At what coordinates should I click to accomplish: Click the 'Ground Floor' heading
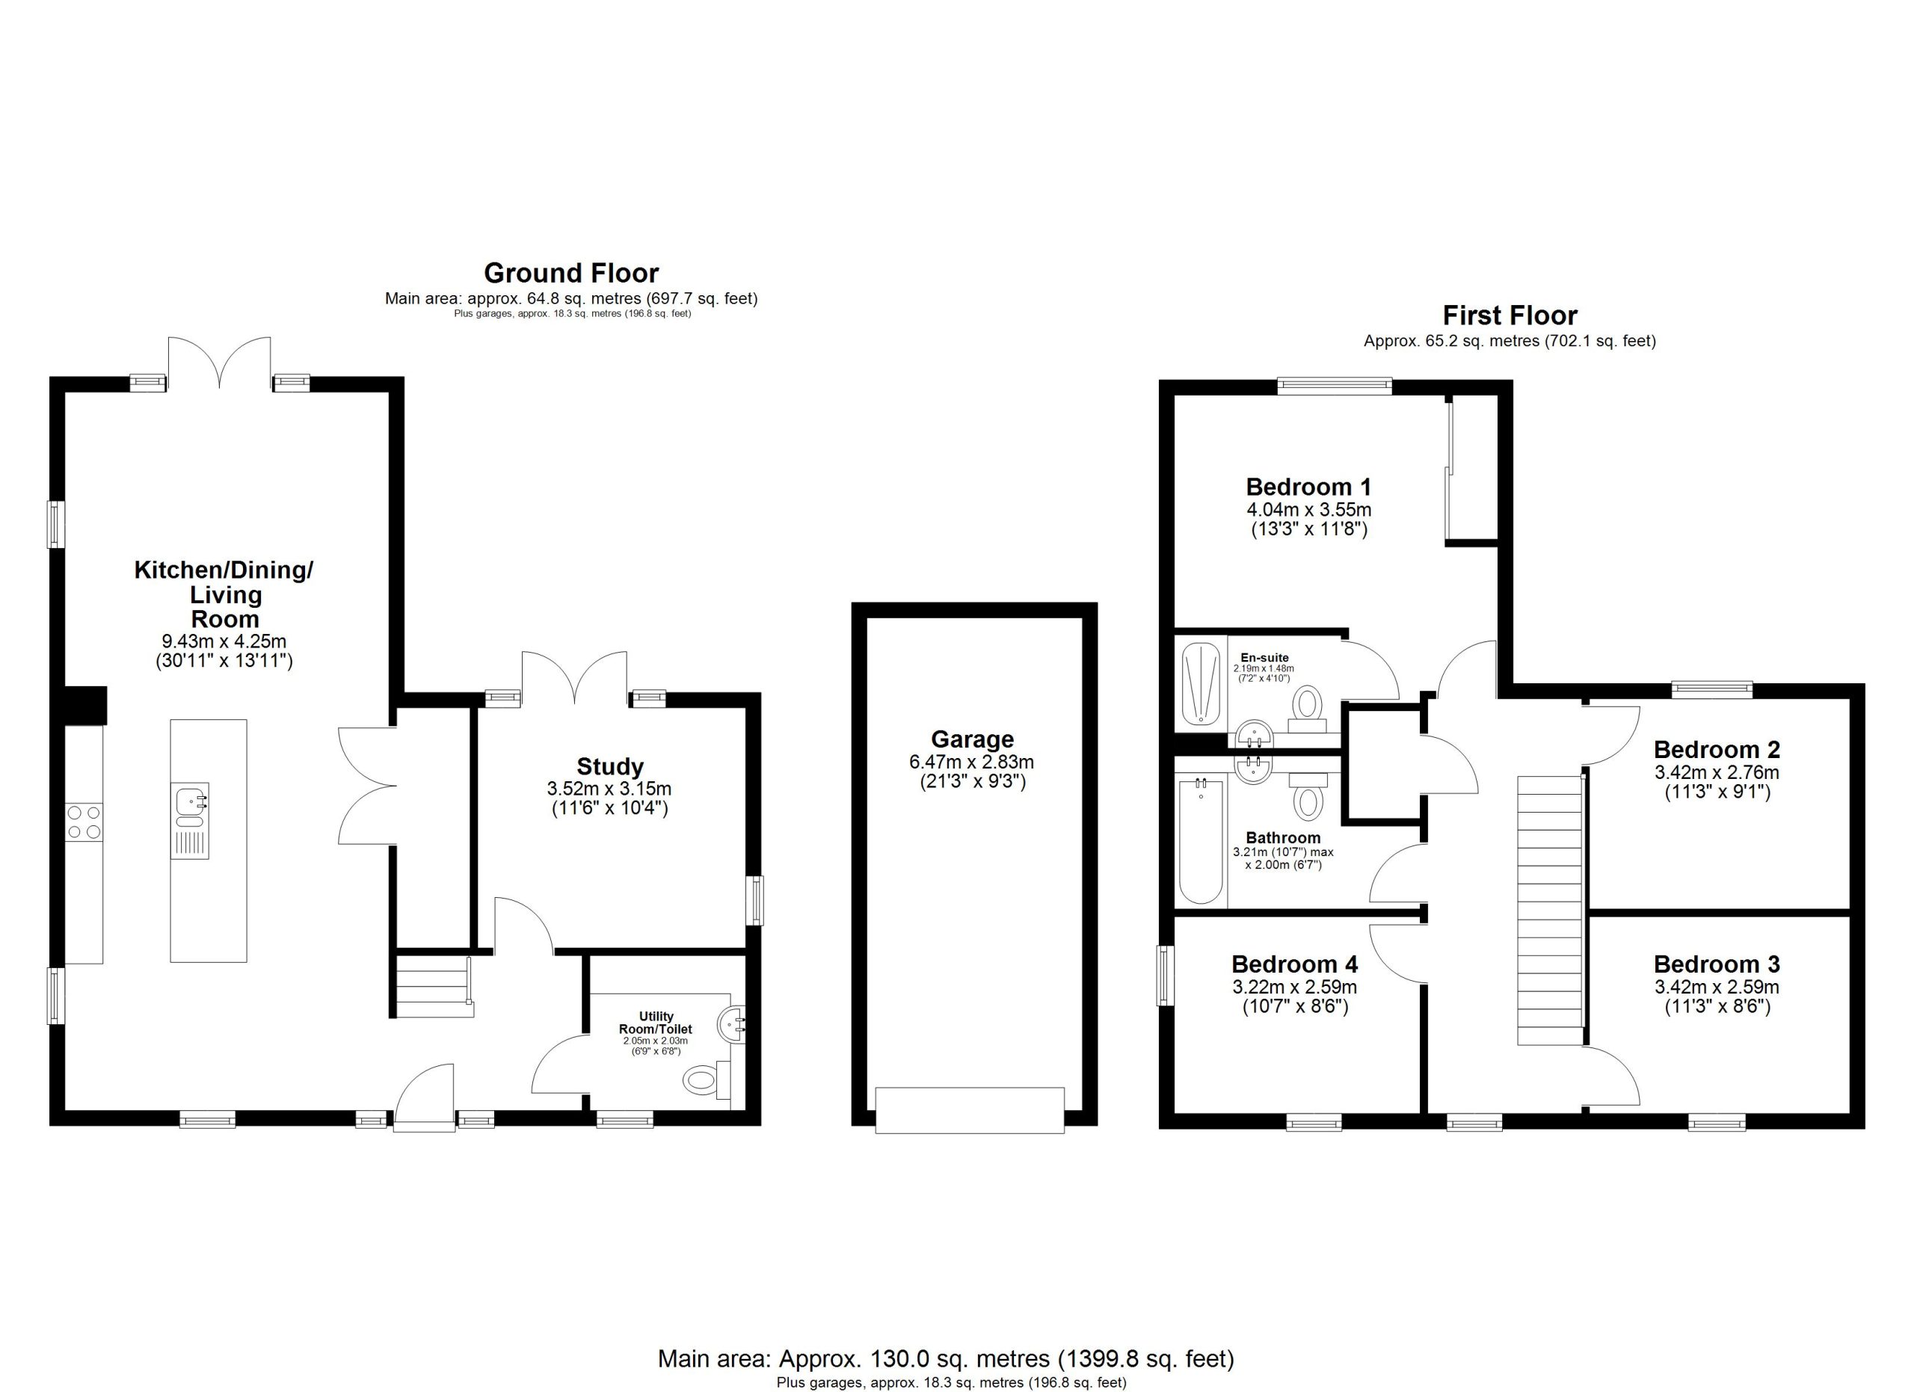(x=571, y=274)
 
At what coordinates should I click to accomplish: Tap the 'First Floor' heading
(x=1510, y=315)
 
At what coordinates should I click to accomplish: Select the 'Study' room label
(x=610, y=766)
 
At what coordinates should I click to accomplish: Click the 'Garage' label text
(x=972, y=740)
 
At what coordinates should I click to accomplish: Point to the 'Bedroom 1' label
(x=1308, y=487)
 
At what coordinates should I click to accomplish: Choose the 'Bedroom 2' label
(x=1717, y=749)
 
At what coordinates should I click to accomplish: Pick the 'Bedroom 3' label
(x=1717, y=964)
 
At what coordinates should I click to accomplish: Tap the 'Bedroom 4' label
(x=1294, y=964)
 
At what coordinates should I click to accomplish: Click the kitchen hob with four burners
(x=84, y=822)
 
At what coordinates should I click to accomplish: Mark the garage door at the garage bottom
(x=970, y=1110)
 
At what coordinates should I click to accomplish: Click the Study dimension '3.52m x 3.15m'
(x=609, y=789)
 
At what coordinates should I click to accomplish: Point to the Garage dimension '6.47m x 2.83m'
(x=971, y=762)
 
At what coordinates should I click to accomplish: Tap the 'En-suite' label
(x=1264, y=658)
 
